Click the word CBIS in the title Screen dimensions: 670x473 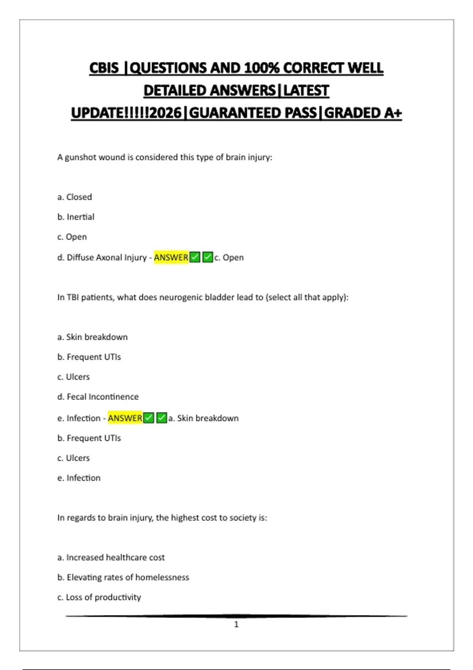tap(104, 68)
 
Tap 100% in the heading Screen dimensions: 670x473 tap(262, 68)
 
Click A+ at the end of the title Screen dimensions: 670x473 tap(392, 113)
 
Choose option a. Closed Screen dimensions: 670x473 tap(74, 197)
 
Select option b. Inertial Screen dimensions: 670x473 tap(76, 217)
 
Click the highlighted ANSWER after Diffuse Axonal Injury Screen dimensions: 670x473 tap(171, 257)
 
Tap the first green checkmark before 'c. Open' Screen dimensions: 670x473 tap(195, 257)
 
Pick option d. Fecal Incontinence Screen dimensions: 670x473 tap(98, 397)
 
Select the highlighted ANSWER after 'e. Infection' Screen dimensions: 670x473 tap(125, 418)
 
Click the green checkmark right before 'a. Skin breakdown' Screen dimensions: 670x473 tap(162, 418)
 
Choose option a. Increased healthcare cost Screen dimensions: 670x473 tap(111, 558)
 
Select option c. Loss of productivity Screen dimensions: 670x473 tap(99, 597)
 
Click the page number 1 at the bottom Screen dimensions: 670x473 tap(236, 624)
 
